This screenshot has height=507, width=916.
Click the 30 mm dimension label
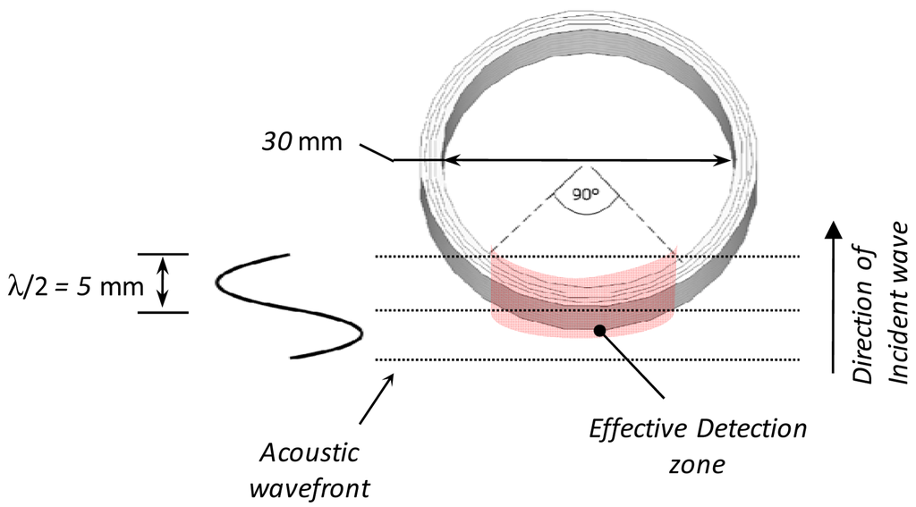302,141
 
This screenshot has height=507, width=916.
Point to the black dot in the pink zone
599,331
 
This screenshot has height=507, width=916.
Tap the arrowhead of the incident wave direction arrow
833,230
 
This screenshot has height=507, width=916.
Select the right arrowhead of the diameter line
726,161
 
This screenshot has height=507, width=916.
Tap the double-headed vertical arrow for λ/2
162,283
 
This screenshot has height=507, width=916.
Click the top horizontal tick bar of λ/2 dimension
163,255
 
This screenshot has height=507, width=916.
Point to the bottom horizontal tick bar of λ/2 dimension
163,312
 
